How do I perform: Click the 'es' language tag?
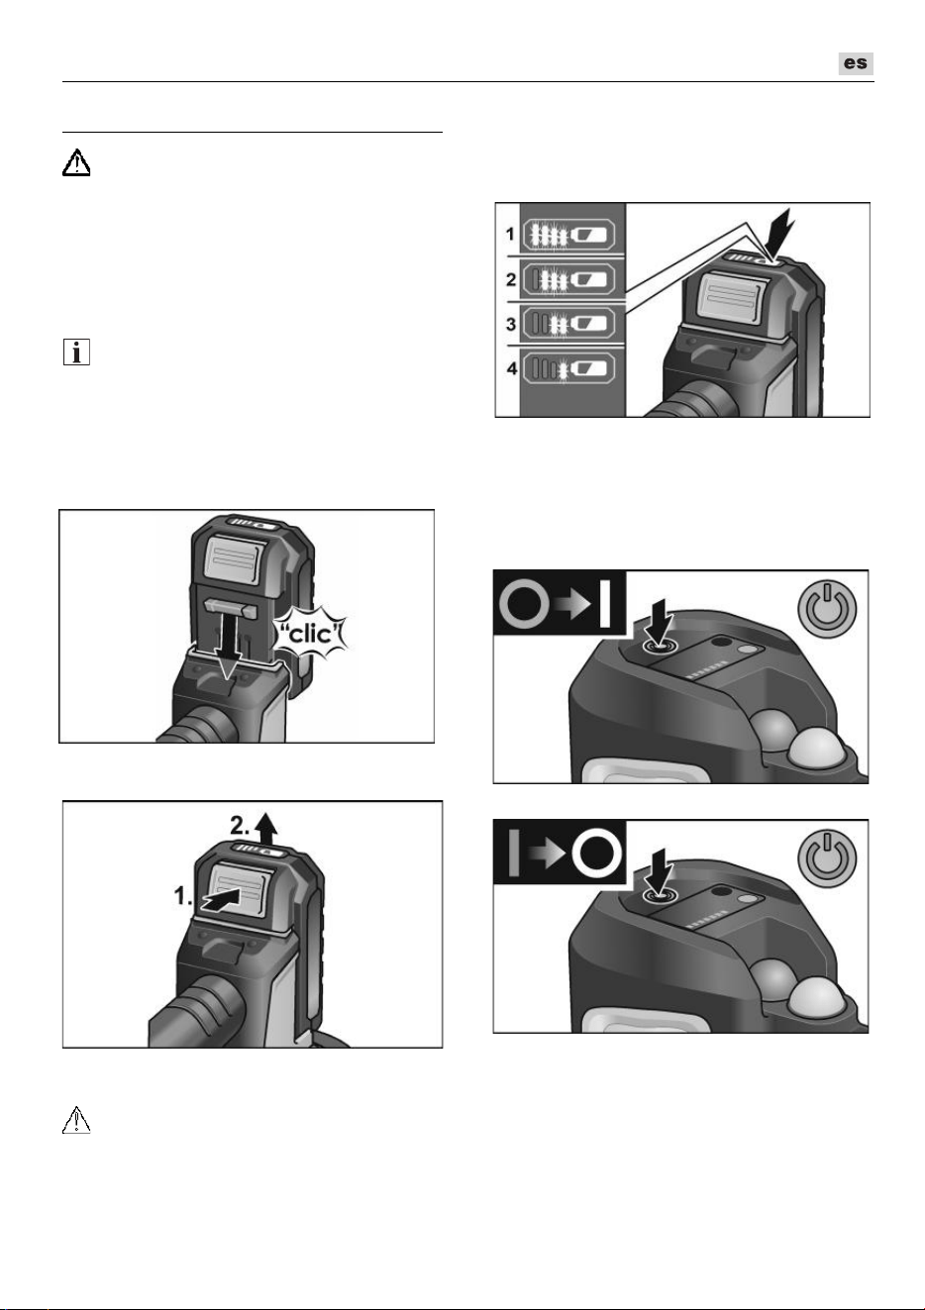point(856,63)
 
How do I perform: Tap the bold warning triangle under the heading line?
point(76,162)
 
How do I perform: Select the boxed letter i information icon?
point(76,353)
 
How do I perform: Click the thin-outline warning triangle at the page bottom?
point(76,1119)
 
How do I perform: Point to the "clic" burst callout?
point(310,634)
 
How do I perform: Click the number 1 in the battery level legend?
point(510,234)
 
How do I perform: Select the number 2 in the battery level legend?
point(511,279)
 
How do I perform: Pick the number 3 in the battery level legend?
point(511,324)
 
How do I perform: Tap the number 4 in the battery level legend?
point(512,369)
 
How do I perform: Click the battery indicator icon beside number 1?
point(568,235)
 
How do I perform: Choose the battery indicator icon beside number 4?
point(568,368)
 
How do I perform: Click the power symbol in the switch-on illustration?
point(827,609)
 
